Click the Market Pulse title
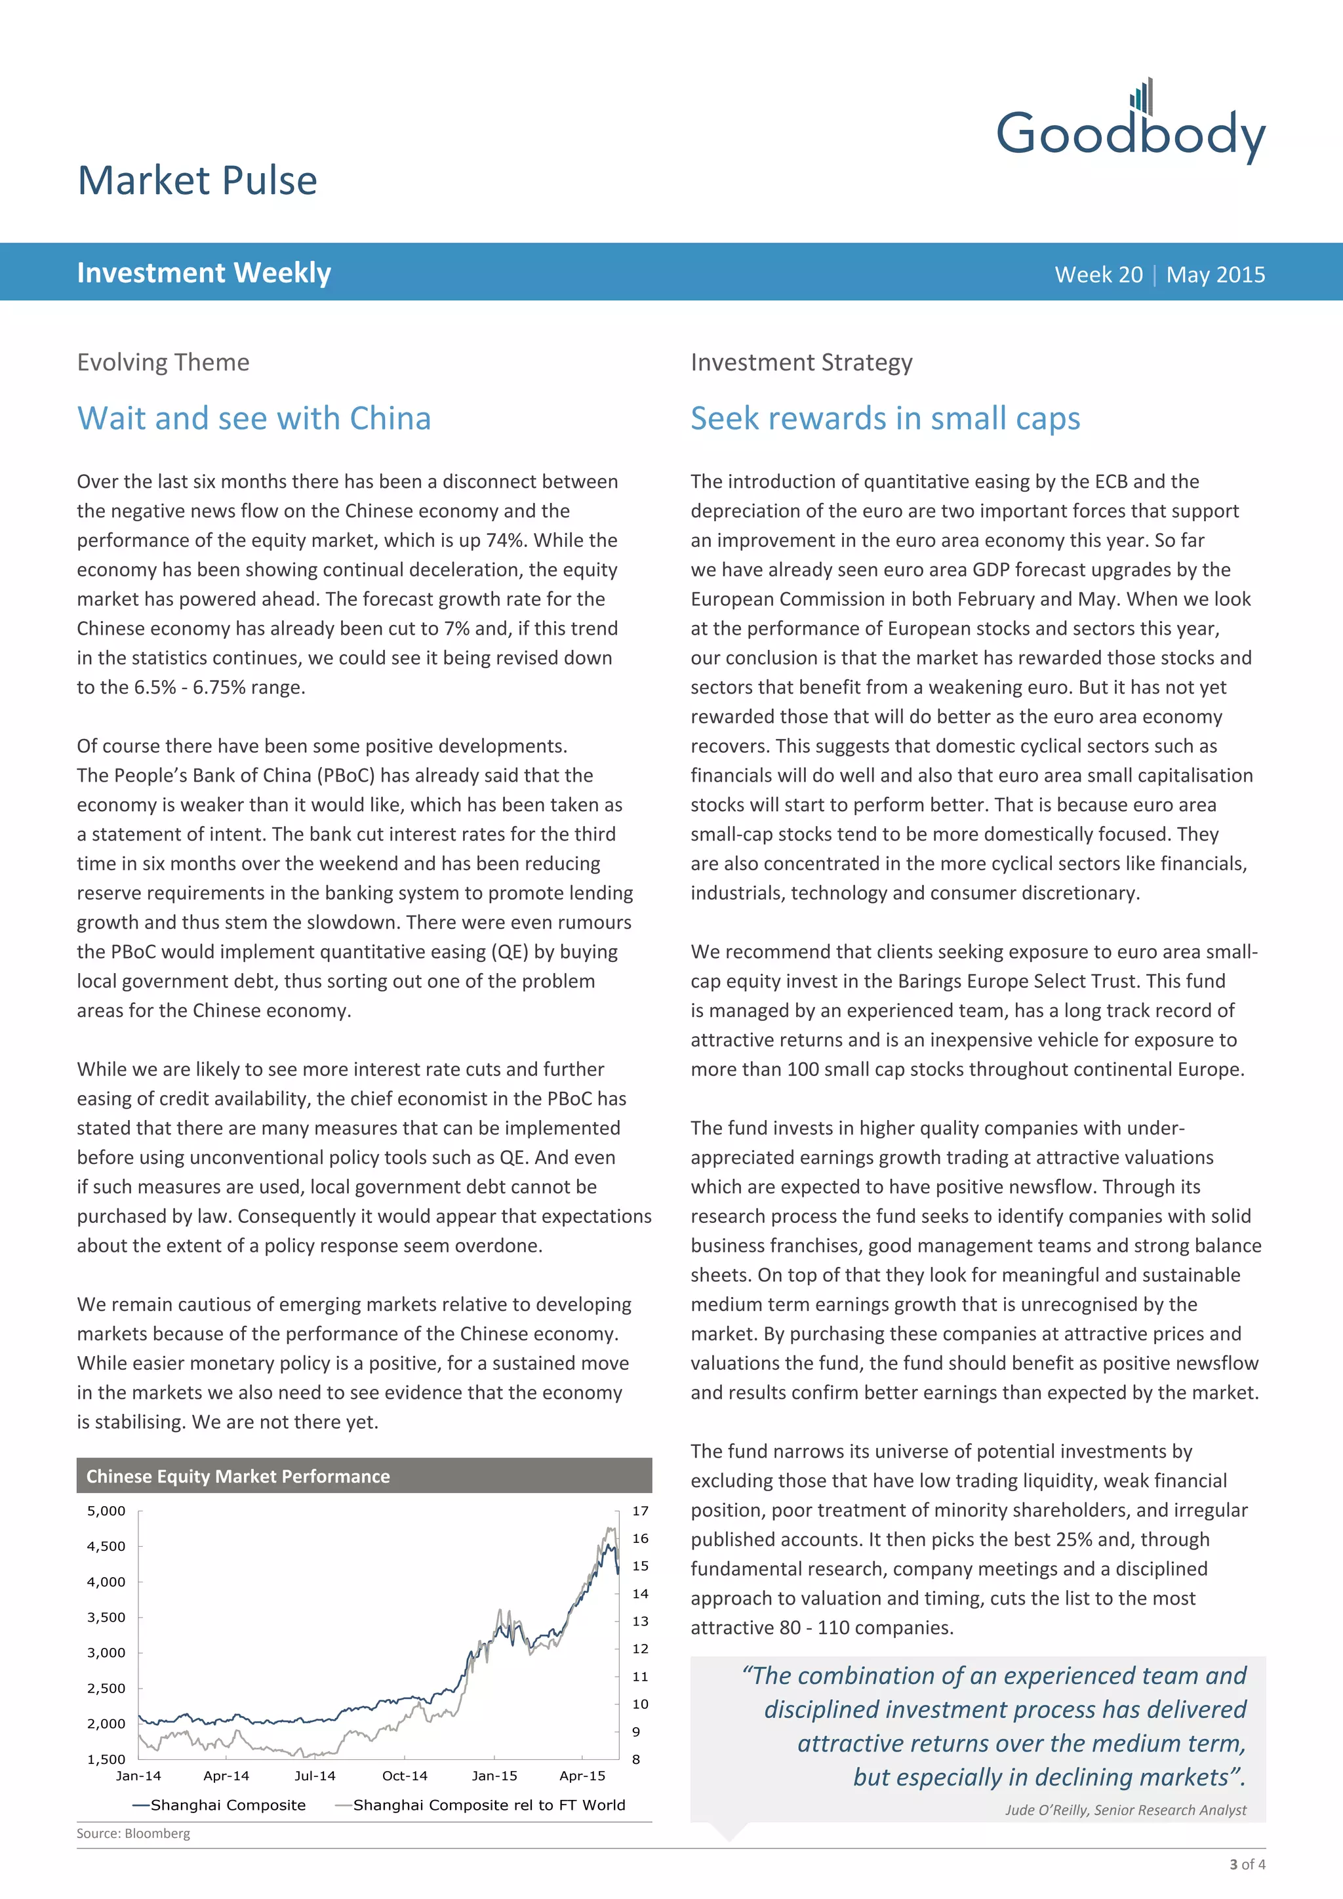(x=197, y=180)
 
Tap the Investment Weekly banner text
(x=203, y=273)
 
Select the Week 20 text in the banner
(x=1098, y=275)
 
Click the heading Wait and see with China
(x=254, y=418)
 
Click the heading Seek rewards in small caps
(x=885, y=418)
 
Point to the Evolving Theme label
(x=163, y=362)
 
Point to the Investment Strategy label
(x=801, y=362)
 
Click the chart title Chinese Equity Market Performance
(x=238, y=1476)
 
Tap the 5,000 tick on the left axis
(x=107, y=1510)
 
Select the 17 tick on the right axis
(x=640, y=1510)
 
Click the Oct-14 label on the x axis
(x=405, y=1776)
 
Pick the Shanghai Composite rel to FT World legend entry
(x=488, y=1805)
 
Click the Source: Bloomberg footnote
(x=133, y=1833)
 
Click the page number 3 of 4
(x=1247, y=1864)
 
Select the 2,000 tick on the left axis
(x=107, y=1724)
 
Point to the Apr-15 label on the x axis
(x=582, y=1776)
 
